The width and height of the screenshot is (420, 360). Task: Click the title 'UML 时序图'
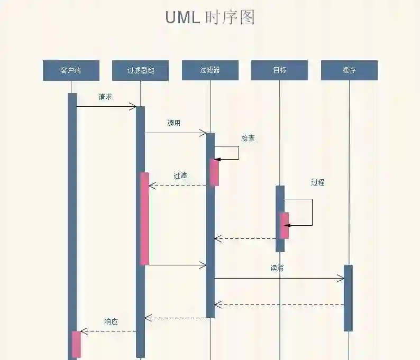(x=210, y=17)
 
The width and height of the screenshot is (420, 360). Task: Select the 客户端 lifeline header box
(x=71, y=70)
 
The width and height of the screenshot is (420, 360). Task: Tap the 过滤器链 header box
(x=140, y=70)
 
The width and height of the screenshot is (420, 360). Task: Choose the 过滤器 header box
(x=210, y=70)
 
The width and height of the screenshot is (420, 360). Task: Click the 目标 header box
(x=279, y=70)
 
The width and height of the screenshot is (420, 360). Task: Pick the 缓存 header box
(x=349, y=70)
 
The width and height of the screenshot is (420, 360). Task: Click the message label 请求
(x=105, y=97)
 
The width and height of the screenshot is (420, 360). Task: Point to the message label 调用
(x=174, y=123)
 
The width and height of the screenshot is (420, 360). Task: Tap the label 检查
(x=248, y=138)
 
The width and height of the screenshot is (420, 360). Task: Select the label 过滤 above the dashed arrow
(x=180, y=176)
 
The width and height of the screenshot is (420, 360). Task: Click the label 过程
(x=317, y=182)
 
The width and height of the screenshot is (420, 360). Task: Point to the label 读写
(x=277, y=268)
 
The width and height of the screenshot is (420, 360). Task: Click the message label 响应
(x=111, y=321)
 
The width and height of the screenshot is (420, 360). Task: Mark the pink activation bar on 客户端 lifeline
(x=77, y=344)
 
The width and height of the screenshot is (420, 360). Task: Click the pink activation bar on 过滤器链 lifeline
(x=144, y=218)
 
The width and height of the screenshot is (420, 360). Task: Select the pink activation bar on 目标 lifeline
(x=285, y=225)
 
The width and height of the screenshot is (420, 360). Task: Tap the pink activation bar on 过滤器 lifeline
(x=214, y=172)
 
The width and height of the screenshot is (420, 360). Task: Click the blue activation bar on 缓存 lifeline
(x=348, y=298)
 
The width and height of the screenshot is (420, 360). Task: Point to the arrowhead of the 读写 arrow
(x=341, y=279)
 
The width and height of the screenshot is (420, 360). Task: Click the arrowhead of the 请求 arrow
(x=133, y=107)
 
